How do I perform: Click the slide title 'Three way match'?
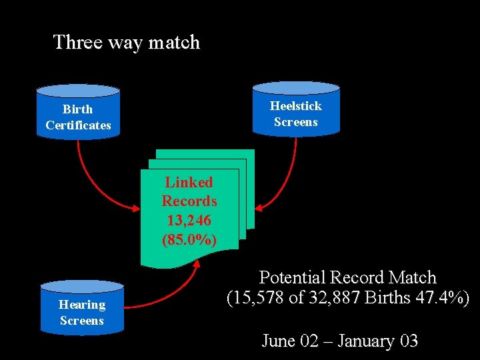(x=126, y=42)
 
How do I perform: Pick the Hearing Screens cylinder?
(x=81, y=308)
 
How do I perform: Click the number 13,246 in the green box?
(x=189, y=220)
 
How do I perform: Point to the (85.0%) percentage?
(x=189, y=239)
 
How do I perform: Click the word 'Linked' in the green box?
(x=189, y=182)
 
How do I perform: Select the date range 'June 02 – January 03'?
(x=339, y=341)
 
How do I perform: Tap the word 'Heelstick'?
(x=295, y=106)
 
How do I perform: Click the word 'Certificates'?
(x=78, y=125)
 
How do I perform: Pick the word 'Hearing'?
(x=82, y=305)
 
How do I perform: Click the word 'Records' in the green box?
(x=189, y=201)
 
